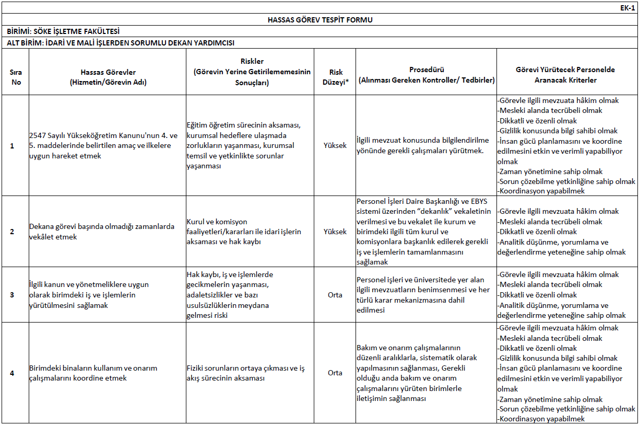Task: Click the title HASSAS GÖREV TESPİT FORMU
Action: pyautogui.click(x=319, y=20)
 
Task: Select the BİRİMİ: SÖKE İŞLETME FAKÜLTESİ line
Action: pyautogui.click(x=66, y=31)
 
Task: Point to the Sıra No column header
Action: pyautogui.click(x=16, y=77)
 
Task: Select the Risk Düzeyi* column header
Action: pyautogui.click(x=335, y=77)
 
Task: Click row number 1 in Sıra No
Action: pyautogui.click(x=13, y=145)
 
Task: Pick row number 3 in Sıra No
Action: pyautogui.click(x=13, y=295)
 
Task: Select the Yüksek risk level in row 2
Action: pyautogui.click(x=335, y=232)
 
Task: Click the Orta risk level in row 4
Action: pyautogui.click(x=335, y=373)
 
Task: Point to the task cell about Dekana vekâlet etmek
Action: pyautogui.click(x=102, y=232)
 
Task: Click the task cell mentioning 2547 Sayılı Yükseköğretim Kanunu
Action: pyautogui.click(x=103, y=145)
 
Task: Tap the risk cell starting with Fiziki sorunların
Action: pyautogui.click(x=245, y=373)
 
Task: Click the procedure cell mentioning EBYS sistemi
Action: pyautogui.click(x=423, y=232)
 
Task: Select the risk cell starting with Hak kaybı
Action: pyautogui.click(x=230, y=295)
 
